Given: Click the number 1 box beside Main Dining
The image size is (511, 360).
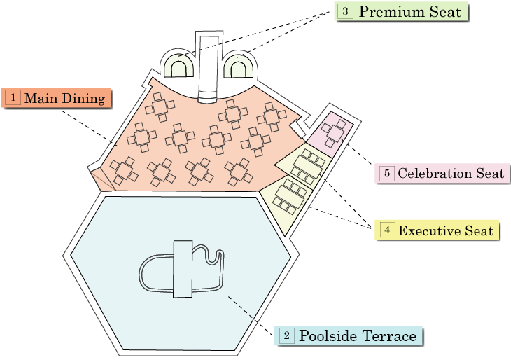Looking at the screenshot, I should [x=13, y=98].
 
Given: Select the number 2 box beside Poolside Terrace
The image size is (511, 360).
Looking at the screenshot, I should [x=287, y=336].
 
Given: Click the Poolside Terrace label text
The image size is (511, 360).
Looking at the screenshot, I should [x=358, y=336].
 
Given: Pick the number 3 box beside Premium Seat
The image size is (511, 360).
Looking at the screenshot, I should [x=345, y=12].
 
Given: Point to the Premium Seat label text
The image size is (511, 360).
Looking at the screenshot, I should [x=409, y=12].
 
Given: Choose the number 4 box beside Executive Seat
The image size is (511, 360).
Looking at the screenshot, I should [x=386, y=230].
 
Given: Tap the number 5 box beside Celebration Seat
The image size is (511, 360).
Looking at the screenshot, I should [x=386, y=173].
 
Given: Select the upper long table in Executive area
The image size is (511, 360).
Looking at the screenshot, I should [x=309, y=165].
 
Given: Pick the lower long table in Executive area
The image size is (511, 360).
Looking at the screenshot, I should [x=291, y=195].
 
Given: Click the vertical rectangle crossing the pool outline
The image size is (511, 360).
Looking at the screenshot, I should [x=183, y=268].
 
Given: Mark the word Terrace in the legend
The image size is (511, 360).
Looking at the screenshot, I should [x=388, y=336].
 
